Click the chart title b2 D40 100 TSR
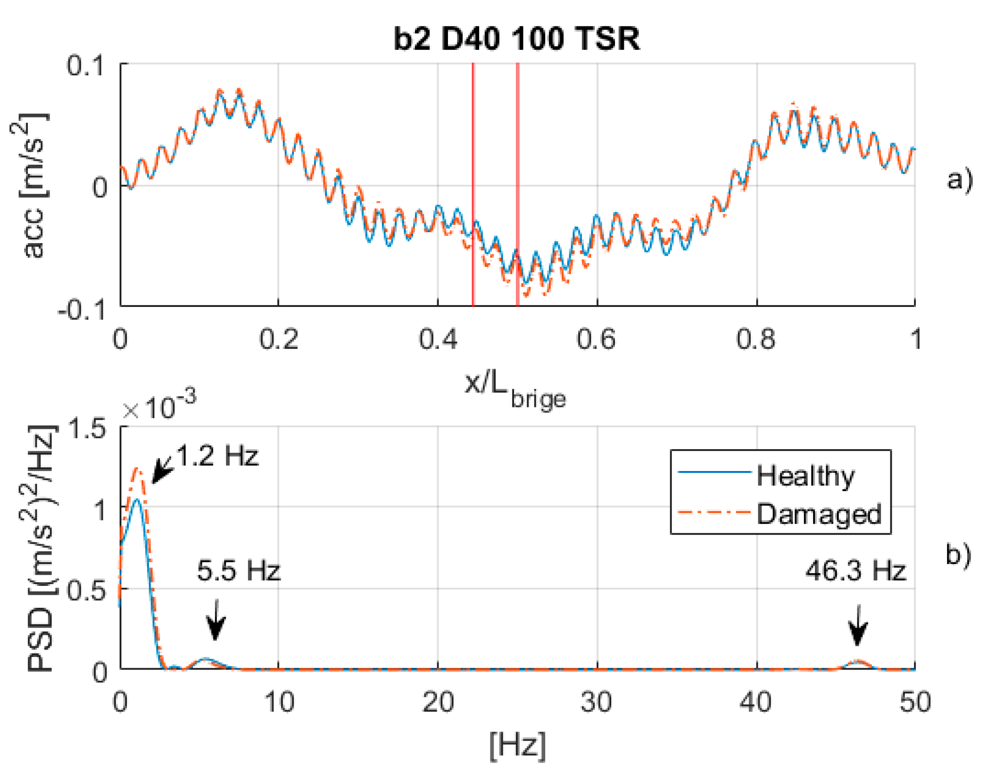[x=516, y=38]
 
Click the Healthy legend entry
[x=805, y=476]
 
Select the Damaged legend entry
[x=818, y=514]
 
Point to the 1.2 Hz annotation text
[x=217, y=455]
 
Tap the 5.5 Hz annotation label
[x=239, y=571]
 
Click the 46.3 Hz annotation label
[x=855, y=571]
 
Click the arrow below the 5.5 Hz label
[x=215, y=621]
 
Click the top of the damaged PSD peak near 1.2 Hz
[x=138, y=469]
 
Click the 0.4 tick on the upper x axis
[x=438, y=339]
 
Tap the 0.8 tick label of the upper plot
[x=755, y=339]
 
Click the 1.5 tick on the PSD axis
[x=87, y=428]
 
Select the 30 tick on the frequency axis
[x=596, y=702]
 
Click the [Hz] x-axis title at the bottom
[x=517, y=746]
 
